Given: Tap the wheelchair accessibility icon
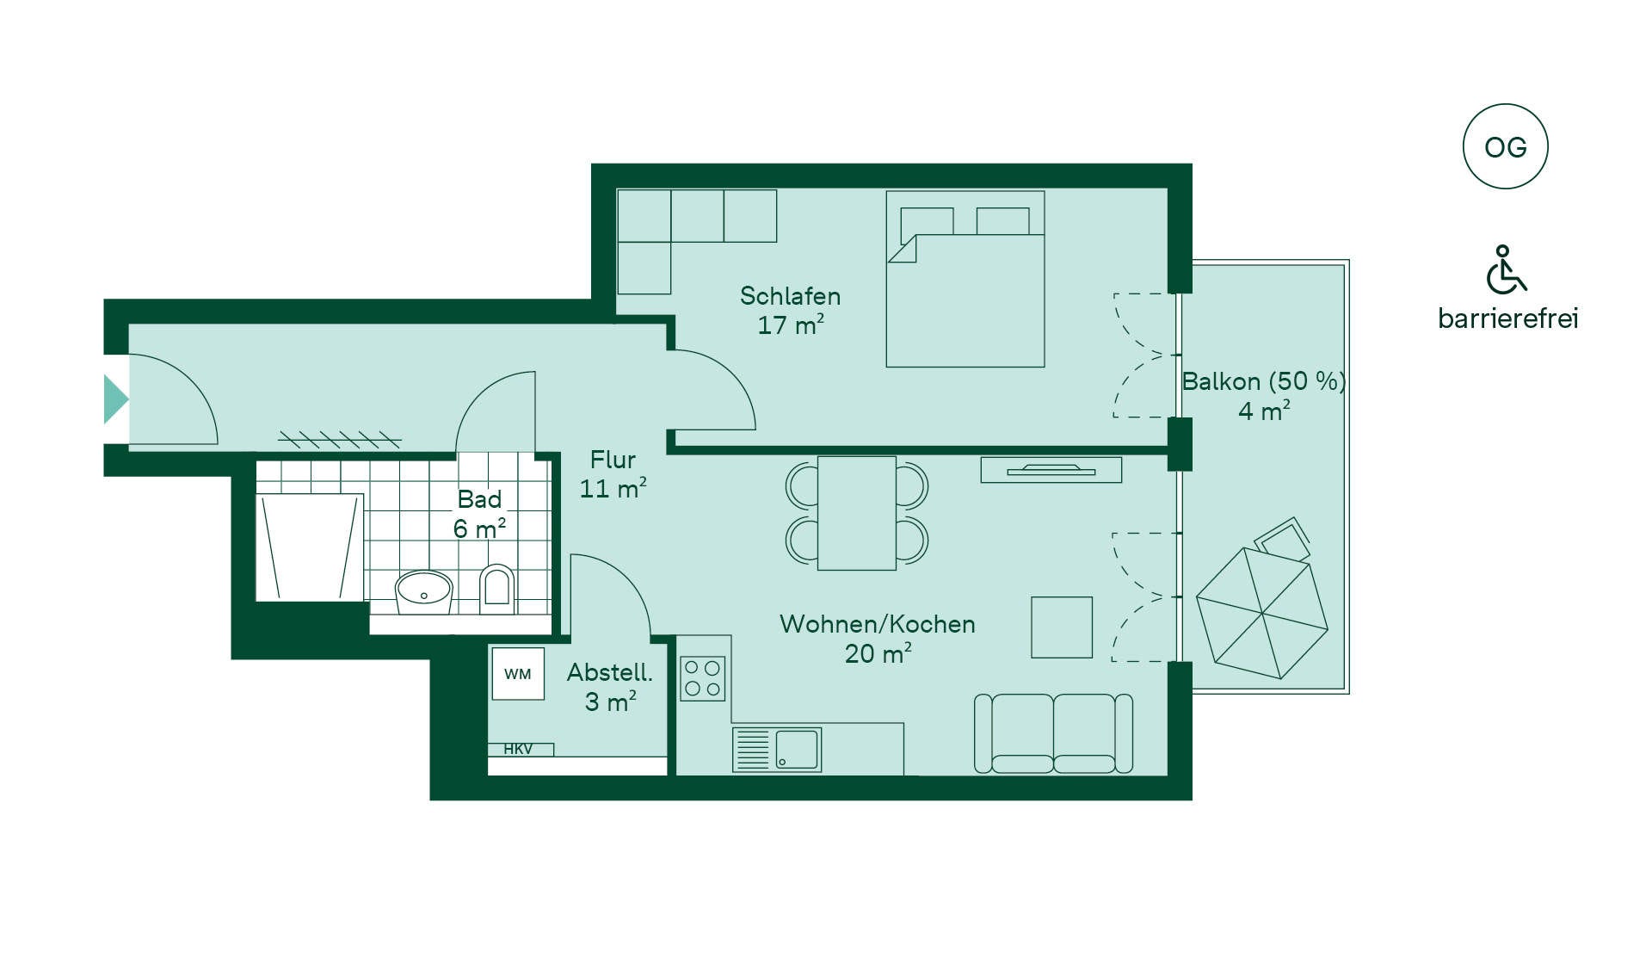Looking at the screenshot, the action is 1506,269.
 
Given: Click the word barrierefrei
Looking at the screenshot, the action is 1507,318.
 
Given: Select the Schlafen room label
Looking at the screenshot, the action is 790,296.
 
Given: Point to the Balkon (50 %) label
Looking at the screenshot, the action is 1263,381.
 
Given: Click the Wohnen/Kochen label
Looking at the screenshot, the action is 877,624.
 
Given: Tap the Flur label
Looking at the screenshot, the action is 613,460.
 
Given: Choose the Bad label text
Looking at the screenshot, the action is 479,499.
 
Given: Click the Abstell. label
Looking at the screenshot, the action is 609,672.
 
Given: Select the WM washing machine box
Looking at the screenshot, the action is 518,674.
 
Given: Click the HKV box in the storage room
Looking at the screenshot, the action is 521,750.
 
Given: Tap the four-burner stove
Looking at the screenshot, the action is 702,678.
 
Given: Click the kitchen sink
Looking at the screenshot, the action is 777,750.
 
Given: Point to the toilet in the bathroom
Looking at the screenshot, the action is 496,589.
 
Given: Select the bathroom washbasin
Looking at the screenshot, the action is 423,591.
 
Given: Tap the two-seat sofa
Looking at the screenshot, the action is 1053,733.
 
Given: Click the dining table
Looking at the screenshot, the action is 857,513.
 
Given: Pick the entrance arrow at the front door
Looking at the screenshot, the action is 116,399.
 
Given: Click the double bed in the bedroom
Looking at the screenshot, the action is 965,279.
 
